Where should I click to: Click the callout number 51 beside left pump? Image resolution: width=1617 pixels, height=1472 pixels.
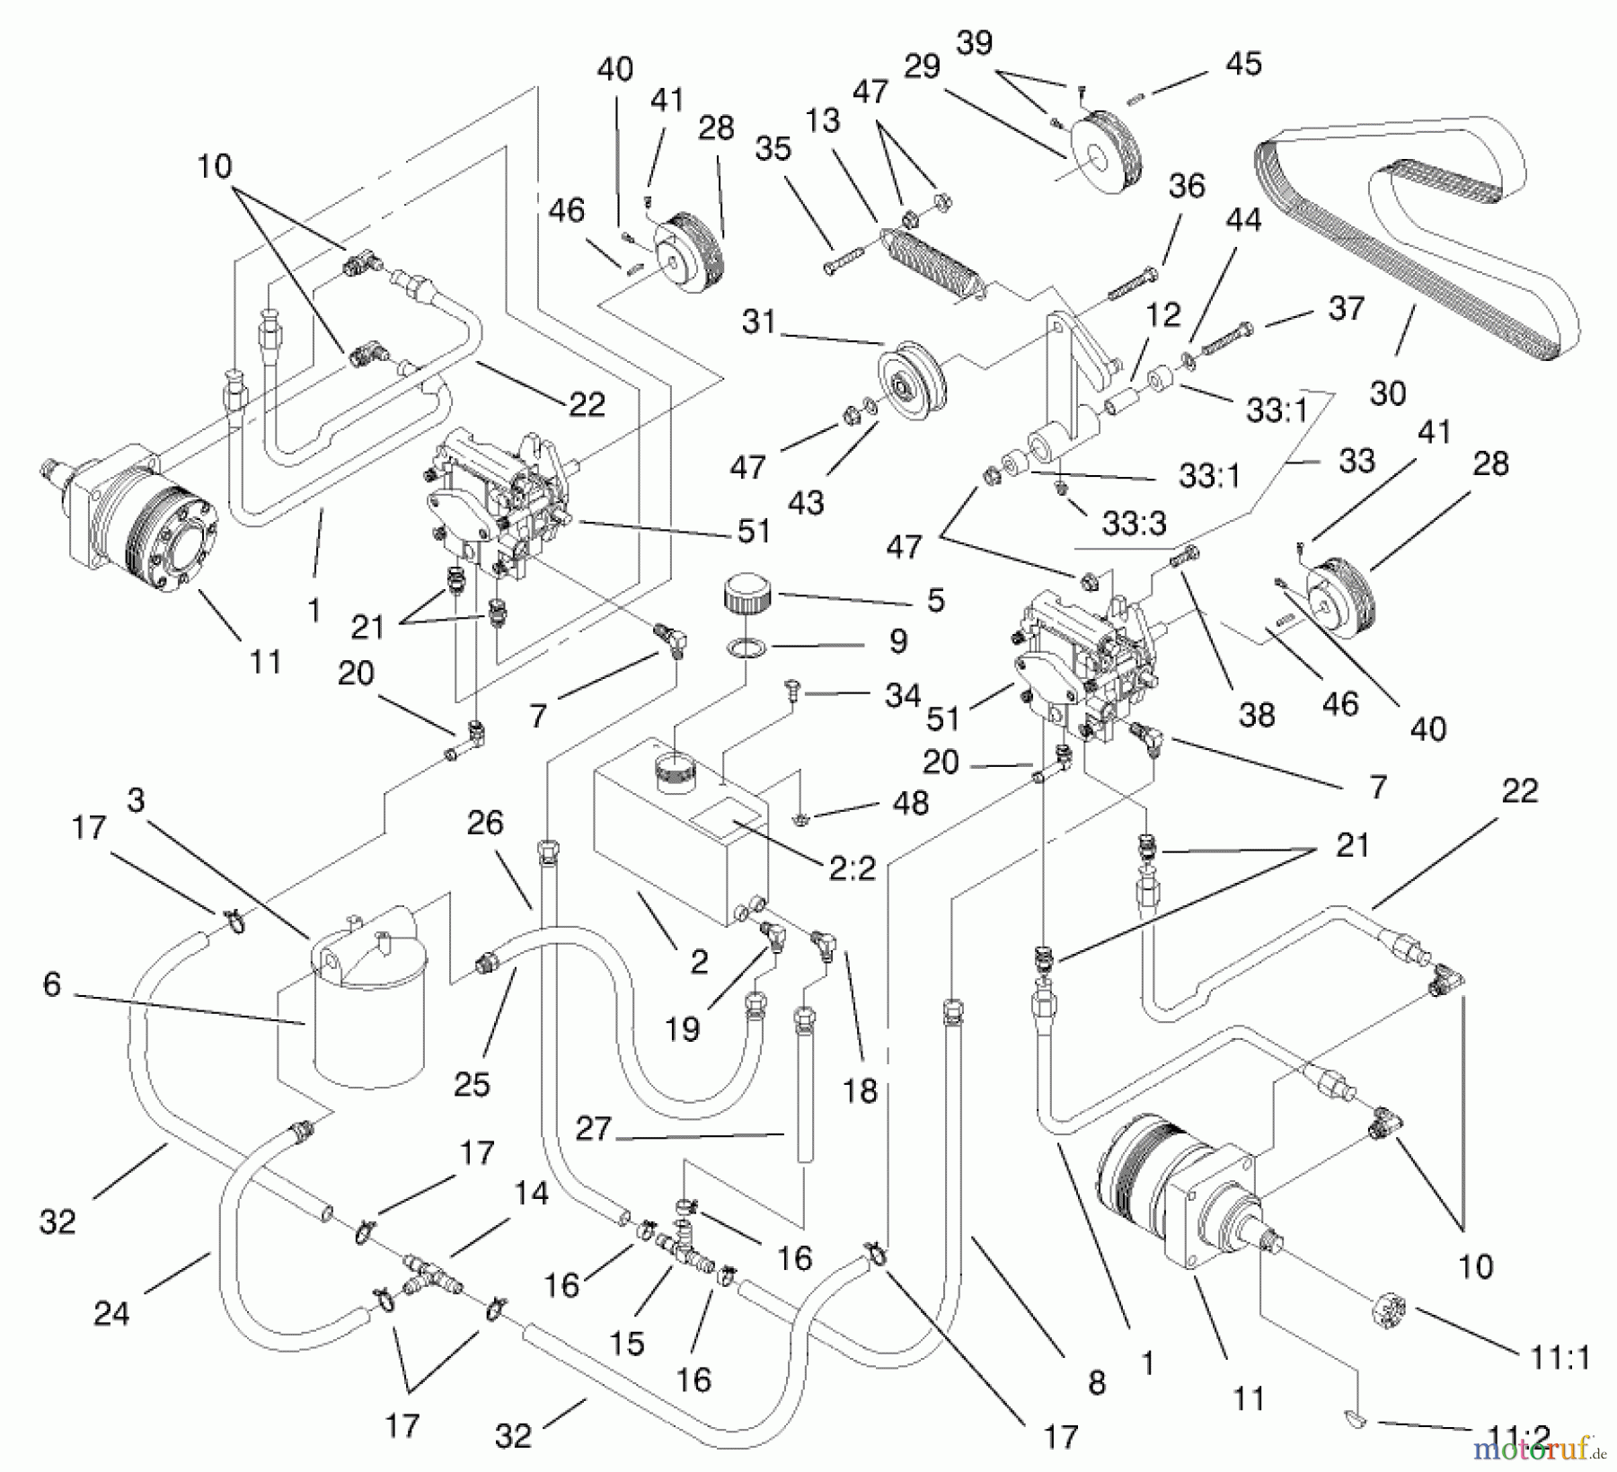coord(754,531)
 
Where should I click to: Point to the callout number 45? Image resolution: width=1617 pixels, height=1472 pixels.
coord(1243,65)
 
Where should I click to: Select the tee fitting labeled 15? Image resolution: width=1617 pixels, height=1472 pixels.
coord(676,1248)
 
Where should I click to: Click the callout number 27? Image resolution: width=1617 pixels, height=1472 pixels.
coord(593,1129)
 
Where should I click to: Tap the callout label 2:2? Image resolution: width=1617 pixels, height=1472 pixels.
coord(852,868)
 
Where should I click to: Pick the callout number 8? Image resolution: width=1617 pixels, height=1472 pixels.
coord(1096,1382)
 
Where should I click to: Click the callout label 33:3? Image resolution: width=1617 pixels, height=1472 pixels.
coord(1134,523)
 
